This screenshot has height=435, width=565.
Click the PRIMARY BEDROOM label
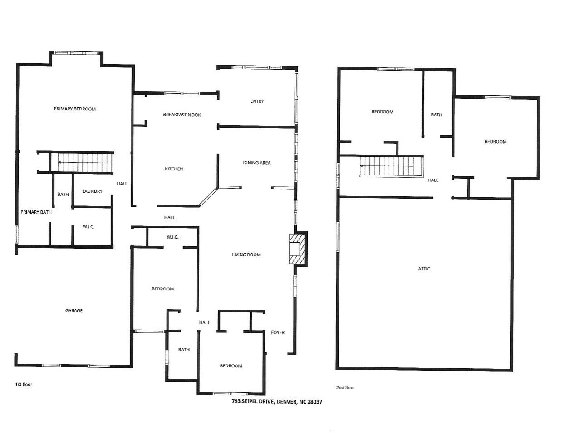(x=74, y=109)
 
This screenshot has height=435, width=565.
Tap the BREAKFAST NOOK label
(x=182, y=115)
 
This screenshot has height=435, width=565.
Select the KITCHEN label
(x=174, y=169)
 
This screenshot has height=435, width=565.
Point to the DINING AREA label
(x=257, y=163)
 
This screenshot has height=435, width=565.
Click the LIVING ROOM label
(x=246, y=255)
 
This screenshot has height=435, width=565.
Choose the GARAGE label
(x=74, y=311)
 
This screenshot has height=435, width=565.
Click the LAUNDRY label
(x=92, y=191)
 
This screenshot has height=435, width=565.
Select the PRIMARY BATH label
(x=36, y=212)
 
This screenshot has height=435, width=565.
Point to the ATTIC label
(x=424, y=269)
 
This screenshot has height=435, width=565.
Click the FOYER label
(x=278, y=333)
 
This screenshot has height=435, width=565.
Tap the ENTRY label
(x=257, y=101)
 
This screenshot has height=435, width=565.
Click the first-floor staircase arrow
(x=62, y=162)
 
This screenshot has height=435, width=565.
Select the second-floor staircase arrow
(x=364, y=166)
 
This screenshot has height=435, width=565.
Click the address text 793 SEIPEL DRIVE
(x=277, y=402)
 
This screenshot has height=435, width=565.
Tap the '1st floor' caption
(x=24, y=385)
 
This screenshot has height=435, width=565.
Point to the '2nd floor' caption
(x=345, y=388)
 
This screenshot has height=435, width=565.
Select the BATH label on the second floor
(x=437, y=115)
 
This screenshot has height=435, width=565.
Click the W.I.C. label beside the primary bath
(x=88, y=227)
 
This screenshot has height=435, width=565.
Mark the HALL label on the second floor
(x=433, y=180)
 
